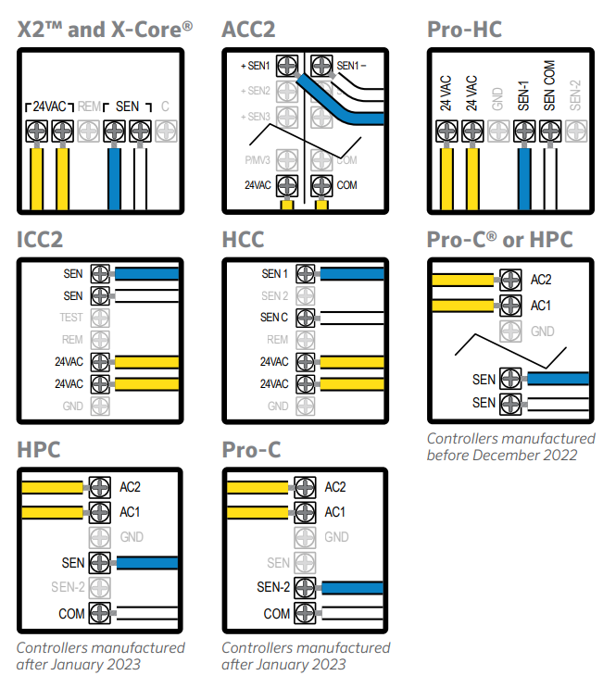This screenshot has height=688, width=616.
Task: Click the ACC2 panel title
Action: (x=248, y=30)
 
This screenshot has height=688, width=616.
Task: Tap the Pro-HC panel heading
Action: (x=464, y=30)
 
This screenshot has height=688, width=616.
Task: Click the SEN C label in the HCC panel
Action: (x=275, y=318)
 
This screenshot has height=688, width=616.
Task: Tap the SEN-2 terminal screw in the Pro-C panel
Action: (x=305, y=588)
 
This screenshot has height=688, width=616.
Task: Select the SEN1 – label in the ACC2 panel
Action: (x=351, y=66)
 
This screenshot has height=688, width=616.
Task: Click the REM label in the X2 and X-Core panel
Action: (x=90, y=106)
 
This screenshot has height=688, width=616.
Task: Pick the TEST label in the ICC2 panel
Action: (x=71, y=318)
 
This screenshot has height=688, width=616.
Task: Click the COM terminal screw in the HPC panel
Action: (x=100, y=613)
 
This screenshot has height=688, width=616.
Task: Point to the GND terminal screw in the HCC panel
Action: (x=304, y=406)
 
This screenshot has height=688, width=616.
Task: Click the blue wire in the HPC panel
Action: (x=145, y=563)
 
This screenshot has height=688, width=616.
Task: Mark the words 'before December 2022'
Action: (x=501, y=455)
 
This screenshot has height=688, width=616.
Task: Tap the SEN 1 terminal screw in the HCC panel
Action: (x=304, y=274)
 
